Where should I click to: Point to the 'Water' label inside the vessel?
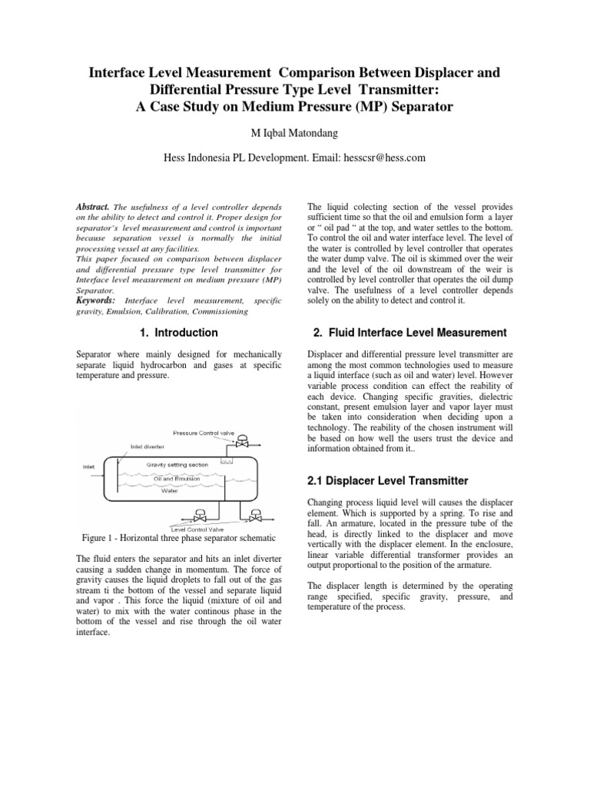[169, 491]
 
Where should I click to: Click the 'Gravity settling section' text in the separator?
[177, 465]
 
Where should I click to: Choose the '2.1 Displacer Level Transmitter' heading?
[388, 480]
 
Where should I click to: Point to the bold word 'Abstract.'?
[93, 208]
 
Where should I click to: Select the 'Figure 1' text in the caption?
[100, 536]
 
